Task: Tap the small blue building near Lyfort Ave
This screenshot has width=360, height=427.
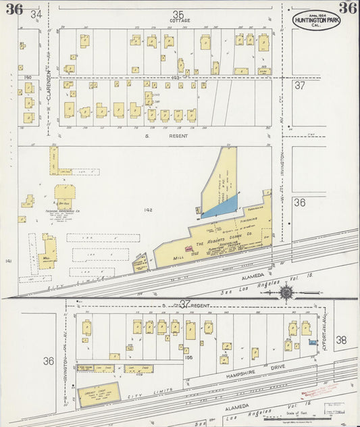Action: (312, 343)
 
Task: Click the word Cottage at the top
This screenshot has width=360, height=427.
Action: (180, 21)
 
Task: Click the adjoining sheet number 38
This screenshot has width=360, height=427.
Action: (341, 341)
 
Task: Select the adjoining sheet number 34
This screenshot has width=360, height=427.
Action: (36, 14)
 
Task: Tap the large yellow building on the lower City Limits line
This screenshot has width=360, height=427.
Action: (98, 393)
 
